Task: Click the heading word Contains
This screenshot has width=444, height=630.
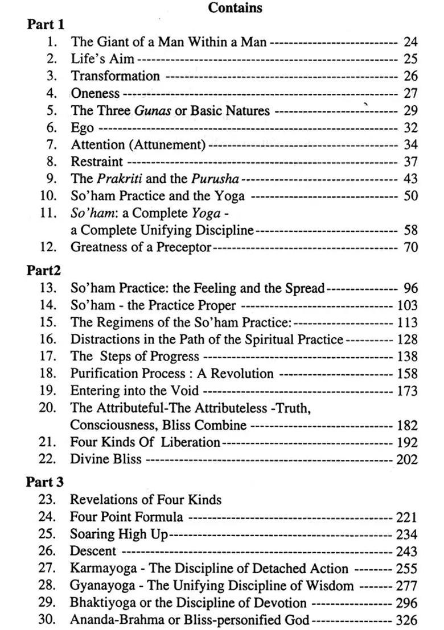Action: coord(235,8)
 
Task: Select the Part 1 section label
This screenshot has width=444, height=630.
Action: coord(46,24)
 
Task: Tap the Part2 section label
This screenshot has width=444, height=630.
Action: coord(44,271)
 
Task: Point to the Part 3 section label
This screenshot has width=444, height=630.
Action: coord(45,482)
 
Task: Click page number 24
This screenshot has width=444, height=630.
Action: coord(410,42)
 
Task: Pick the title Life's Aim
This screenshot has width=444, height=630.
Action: coord(102,59)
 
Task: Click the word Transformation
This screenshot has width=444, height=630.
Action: coord(115,76)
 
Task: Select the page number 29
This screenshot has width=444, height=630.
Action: coord(410,110)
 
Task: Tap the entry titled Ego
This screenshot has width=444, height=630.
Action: coord(82,128)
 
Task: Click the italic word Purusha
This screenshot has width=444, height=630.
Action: coord(215,179)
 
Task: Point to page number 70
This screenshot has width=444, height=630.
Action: coord(410,247)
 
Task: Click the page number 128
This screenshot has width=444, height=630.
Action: coord(406,340)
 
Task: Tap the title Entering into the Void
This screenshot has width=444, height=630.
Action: coord(134,391)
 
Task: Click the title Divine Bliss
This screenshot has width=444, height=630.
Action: coord(105,459)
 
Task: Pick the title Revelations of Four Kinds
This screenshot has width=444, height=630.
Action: coord(145,500)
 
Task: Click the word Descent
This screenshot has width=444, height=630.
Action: coord(93,552)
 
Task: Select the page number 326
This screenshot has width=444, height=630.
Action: coord(406,620)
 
